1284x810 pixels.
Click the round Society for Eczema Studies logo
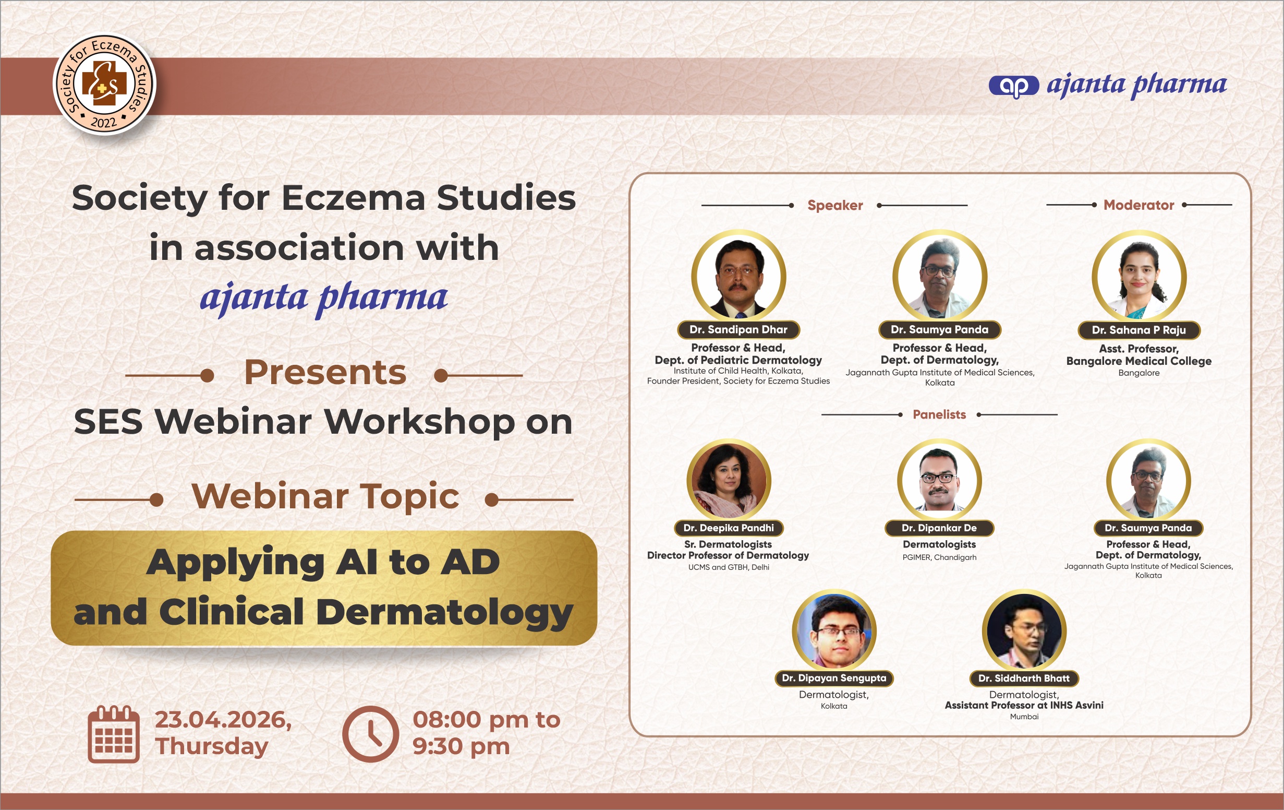tap(104, 84)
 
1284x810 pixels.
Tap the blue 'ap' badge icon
tap(1014, 86)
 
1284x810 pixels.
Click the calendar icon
tap(114, 734)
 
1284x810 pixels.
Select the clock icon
tap(370, 734)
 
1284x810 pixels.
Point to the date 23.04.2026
tap(223, 720)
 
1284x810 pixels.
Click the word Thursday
tap(212, 746)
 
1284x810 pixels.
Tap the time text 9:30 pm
tap(461, 746)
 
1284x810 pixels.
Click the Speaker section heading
tap(835, 206)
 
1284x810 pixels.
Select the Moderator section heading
tap(1138, 205)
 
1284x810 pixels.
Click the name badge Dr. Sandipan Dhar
tap(738, 330)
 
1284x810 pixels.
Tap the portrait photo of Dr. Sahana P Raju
tap(1139, 277)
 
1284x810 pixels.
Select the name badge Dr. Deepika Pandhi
tap(729, 528)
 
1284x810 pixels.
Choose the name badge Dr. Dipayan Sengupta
tap(834, 678)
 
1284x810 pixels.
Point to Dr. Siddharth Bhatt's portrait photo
tap(1024, 630)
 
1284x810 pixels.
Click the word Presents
tap(325, 372)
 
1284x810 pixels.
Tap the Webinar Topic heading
tap(325, 496)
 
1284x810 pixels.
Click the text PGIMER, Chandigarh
tap(940, 557)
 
